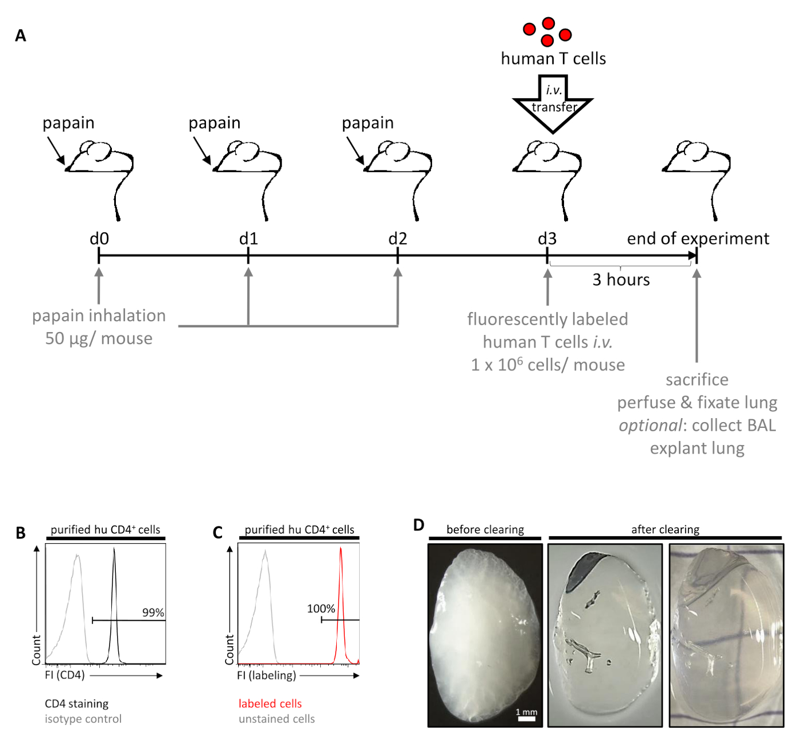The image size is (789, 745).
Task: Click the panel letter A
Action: click(x=21, y=36)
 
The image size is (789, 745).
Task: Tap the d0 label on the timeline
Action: click(x=99, y=239)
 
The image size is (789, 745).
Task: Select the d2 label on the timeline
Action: click(x=398, y=239)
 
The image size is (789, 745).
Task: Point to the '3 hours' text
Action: click(x=621, y=280)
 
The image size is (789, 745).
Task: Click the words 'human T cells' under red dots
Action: click(x=553, y=58)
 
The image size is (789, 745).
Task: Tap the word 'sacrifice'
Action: click(x=697, y=380)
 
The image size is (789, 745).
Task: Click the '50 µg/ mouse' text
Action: click(x=99, y=338)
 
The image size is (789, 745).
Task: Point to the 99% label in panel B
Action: click(x=153, y=613)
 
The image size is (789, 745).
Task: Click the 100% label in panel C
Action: click(x=321, y=609)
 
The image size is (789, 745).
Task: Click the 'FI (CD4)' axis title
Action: click(x=65, y=675)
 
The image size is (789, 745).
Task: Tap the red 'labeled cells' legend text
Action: click(x=270, y=704)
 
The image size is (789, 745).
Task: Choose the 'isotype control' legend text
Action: click(x=83, y=719)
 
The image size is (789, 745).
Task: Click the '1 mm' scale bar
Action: click(x=526, y=716)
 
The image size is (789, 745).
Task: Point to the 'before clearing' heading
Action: click(x=485, y=529)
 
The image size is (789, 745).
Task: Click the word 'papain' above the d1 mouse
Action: click(x=214, y=123)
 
